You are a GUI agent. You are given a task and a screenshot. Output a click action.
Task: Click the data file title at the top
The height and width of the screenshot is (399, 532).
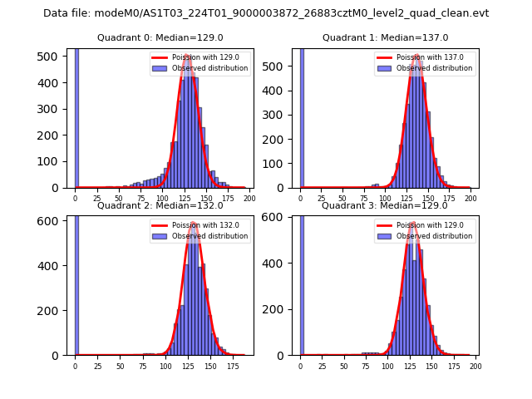pyautogui.click(x=266, y=13)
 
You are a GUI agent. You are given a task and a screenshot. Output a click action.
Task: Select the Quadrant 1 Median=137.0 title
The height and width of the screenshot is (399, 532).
pyautogui.click(x=385, y=37)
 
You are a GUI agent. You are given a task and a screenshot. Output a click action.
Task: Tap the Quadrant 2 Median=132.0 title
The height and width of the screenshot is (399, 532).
pyautogui.click(x=157, y=205)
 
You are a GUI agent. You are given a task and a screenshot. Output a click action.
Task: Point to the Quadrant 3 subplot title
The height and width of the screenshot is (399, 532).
pyautogui.click(x=385, y=205)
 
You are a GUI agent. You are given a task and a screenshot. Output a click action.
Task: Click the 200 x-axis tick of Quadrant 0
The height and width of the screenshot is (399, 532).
pyautogui.click(x=249, y=199)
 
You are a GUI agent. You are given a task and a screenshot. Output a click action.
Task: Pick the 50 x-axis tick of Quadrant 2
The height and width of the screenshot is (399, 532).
pyautogui.click(x=120, y=366)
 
